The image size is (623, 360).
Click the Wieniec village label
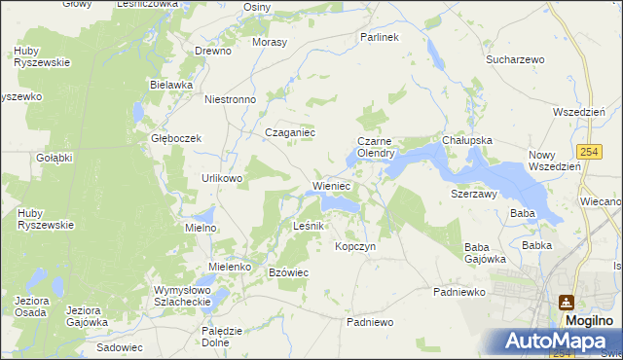click(331, 185)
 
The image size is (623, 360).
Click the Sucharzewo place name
click(515, 59)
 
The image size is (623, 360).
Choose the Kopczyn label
click(355, 246)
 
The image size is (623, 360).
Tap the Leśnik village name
click(314, 226)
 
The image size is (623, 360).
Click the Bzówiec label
click(288, 272)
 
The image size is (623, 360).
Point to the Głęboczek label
click(175, 138)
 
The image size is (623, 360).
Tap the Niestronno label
click(230, 99)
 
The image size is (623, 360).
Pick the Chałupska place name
click(467, 140)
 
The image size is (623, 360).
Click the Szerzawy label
click(474, 194)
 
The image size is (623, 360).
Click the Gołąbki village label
click(55, 158)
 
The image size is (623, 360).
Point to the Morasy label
click(270, 44)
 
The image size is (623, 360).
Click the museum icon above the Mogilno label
click(567, 302)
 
